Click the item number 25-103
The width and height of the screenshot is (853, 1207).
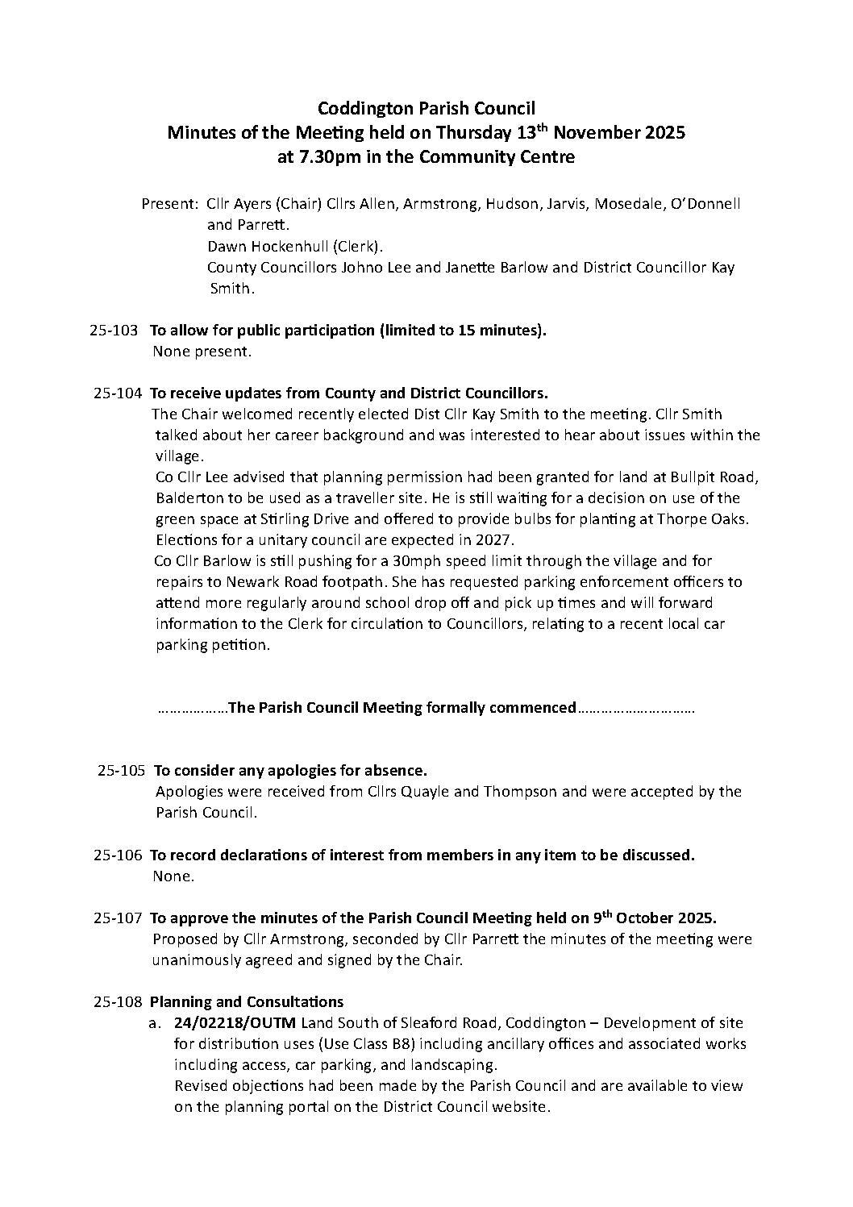coord(114,331)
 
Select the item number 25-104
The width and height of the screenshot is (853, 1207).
coord(118,393)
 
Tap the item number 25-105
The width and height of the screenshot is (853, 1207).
coord(121,770)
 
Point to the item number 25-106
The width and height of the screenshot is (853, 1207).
coord(118,855)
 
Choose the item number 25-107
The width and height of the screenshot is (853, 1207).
coord(118,918)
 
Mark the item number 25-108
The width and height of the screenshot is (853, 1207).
coord(118,1001)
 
